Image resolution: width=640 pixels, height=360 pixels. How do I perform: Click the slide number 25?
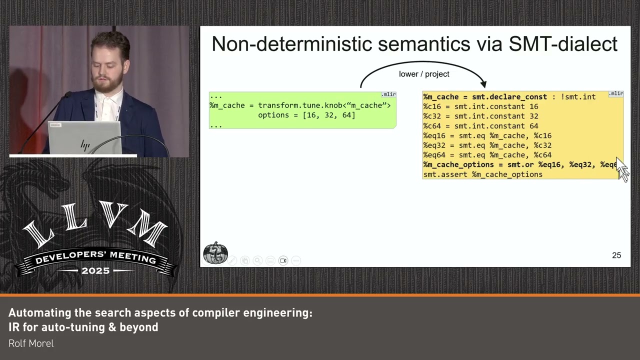(x=616, y=255)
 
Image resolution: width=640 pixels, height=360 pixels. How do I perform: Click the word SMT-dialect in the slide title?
(x=563, y=44)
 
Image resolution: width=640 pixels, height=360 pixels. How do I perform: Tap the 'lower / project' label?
(x=424, y=74)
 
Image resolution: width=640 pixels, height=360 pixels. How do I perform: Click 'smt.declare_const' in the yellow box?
(x=509, y=96)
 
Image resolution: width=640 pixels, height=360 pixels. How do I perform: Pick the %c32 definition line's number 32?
(x=533, y=116)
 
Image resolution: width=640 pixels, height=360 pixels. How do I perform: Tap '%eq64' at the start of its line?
(x=434, y=155)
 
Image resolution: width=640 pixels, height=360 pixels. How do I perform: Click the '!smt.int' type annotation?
(x=578, y=96)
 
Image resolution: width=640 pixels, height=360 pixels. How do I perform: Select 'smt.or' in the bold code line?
(x=520, y=164)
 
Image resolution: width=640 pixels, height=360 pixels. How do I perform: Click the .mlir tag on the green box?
(x=388, y=94)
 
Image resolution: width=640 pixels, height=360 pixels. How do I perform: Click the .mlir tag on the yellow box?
(x=616, y=93)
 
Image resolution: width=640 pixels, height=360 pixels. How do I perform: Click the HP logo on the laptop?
(x=85, y=145)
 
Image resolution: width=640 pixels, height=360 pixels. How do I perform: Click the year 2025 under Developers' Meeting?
(x=95, y=270)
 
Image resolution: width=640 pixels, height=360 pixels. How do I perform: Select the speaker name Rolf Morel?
(x=31, y=343)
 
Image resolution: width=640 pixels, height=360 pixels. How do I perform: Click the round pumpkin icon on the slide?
(x=215, y=253)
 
